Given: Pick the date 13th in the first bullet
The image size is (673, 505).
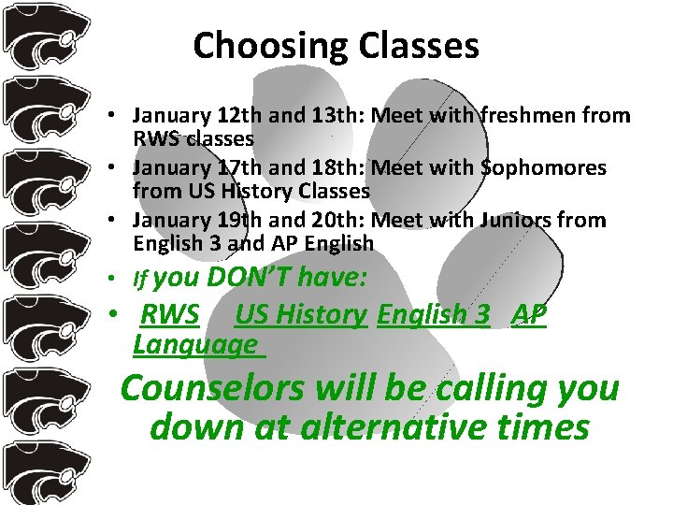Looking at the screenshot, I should [323, 116].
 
